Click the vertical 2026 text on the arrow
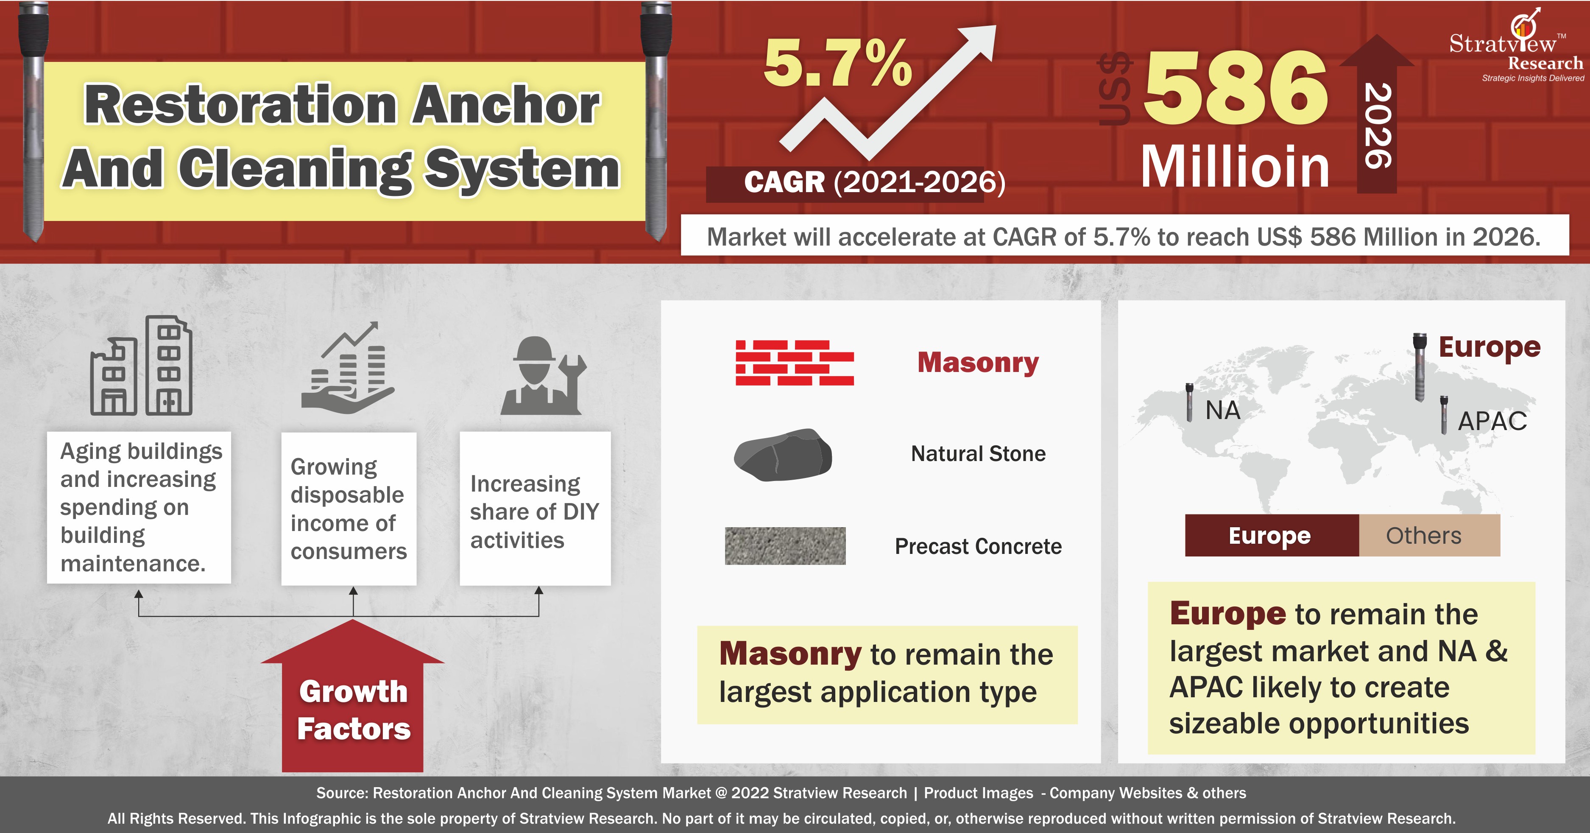coord(1378,126)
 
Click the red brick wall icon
coord(795,363)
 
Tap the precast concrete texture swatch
coord(785,545)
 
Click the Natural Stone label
coord(978,454)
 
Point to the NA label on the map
coord(1223,410)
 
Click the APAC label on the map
coord(1492,421)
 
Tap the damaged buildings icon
coord(141,366)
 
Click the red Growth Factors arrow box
coord(352,696)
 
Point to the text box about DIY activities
coord(535,508)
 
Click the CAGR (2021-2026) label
coord(875,182)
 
